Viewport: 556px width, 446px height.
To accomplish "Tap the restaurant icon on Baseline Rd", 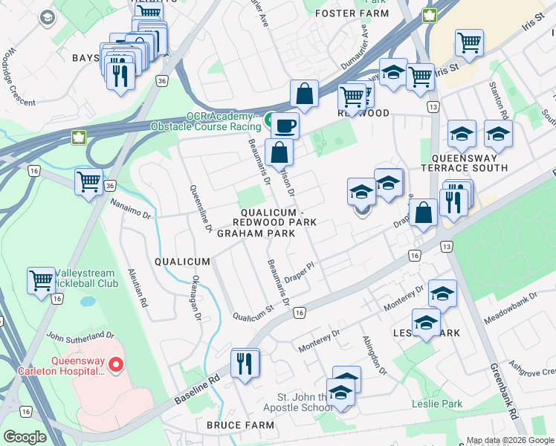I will click(245, 363).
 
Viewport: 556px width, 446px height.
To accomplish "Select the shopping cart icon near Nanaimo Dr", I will click(89, 181).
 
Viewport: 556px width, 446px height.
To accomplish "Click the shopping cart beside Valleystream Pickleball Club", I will click(41, 280).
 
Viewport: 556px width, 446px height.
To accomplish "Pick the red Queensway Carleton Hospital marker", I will click(115, 364).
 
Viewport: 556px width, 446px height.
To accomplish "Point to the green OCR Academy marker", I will click(266, 117).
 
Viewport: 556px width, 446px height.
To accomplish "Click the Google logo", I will click(25, 436).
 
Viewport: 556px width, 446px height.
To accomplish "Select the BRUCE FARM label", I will click(235, 425).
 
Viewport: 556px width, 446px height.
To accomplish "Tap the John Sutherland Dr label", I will click(80, 336).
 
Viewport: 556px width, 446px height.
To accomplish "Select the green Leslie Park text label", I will click(437, 404).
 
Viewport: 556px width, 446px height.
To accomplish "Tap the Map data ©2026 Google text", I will click(509, 440).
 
